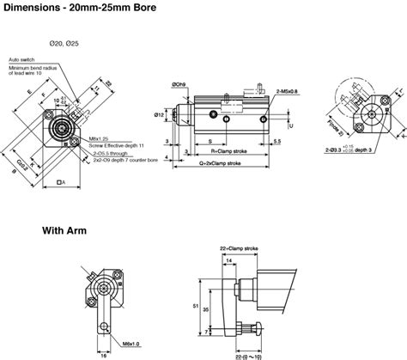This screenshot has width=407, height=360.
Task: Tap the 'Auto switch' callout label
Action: (22, 59)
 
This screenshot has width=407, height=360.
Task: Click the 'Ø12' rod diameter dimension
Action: (159, 114)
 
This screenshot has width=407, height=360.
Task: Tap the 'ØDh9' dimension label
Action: (179, 84)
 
